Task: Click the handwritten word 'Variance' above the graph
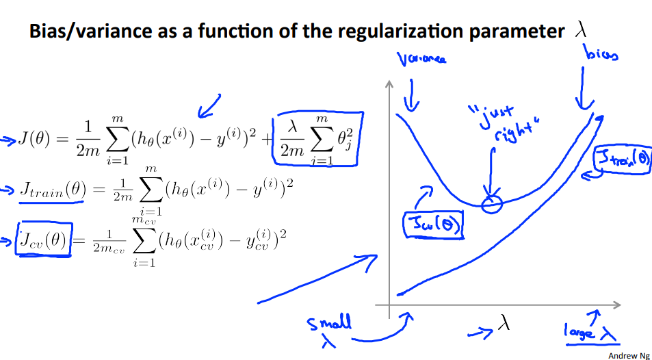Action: point(421,60)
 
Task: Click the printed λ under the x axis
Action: point(504,323)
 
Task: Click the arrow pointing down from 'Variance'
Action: point(411,96)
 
